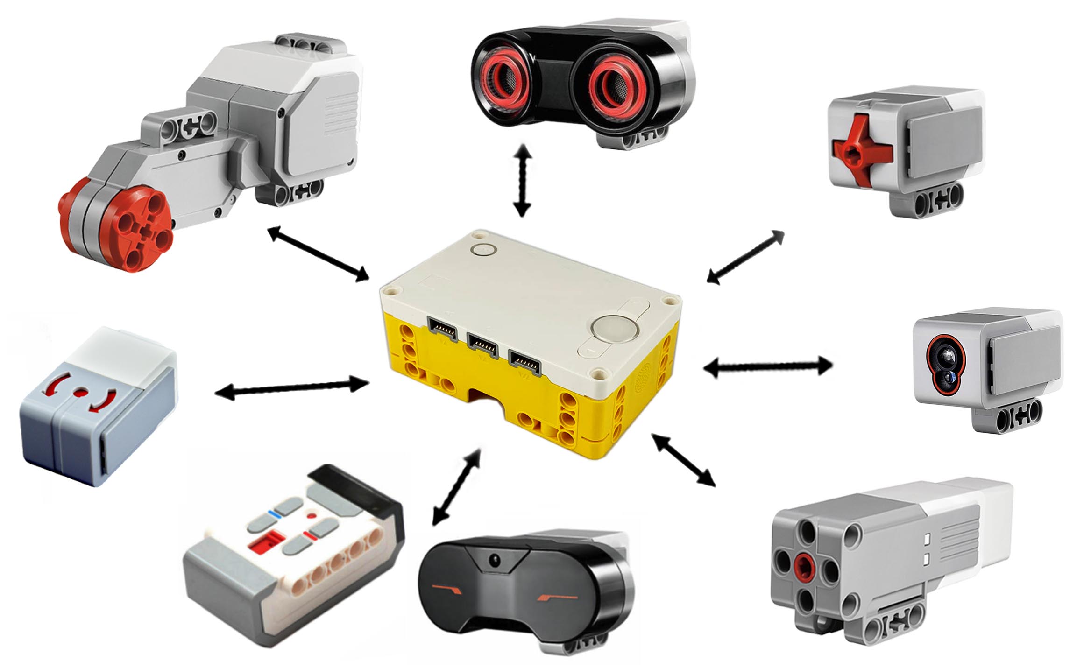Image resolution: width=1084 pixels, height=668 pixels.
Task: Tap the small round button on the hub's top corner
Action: coord(483,249)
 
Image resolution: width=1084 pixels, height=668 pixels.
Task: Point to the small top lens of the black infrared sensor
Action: coord(494,558)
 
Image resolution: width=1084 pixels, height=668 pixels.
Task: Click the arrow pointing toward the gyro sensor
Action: coord(292,389)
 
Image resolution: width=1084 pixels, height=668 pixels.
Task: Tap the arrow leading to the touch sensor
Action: coord(746,257)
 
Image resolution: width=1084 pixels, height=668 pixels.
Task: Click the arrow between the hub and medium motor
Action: coord(683,460)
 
